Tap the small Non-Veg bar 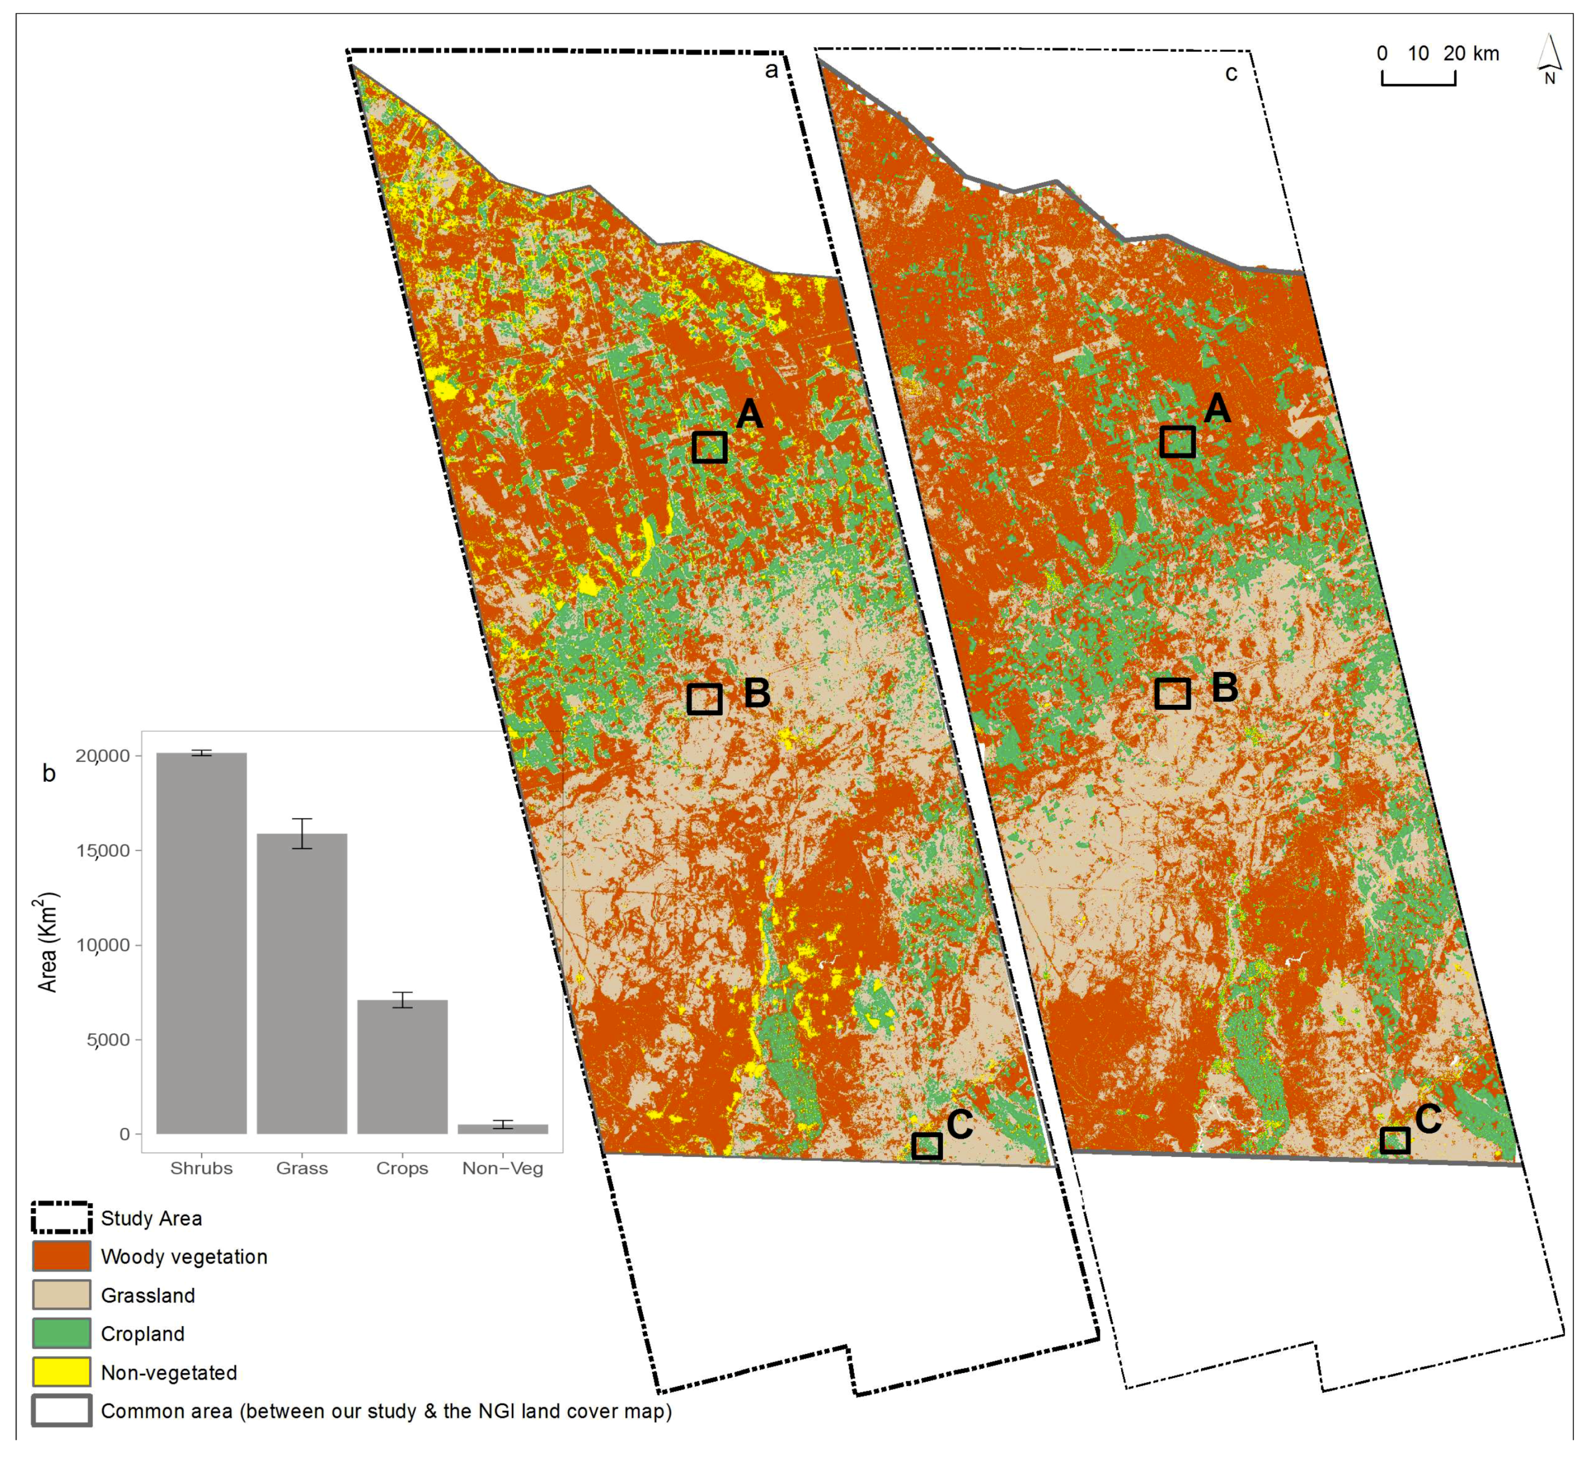click(x=502, y=1128)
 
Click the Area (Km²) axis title click(x=49, y=942)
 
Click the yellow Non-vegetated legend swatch click(x=62, y=1372)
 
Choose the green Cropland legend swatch click(x=62, y=1333)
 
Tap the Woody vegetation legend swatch click(x=62, y=1256)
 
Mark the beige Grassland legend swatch click(x=62, y=1295)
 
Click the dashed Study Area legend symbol click(x=62, y=1218)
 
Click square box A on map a click(x=709, y=447)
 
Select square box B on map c click(x=1172, y=693)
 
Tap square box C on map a click(x=926, y=1146)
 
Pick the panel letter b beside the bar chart click(x=49, y=774)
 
